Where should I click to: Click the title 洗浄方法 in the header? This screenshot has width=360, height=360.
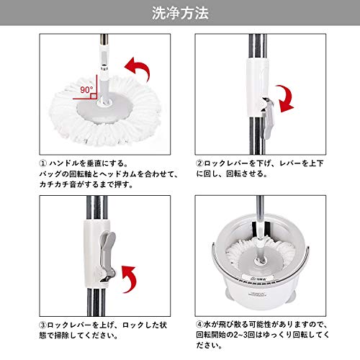(180, 13)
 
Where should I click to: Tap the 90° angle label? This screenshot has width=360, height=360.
(86, 90)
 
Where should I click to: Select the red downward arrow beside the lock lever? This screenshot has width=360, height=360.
(287, 99)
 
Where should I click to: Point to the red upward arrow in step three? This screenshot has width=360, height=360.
(130, 279)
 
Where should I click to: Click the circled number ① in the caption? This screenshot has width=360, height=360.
(43, 163)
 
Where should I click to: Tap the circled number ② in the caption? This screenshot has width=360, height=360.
(199, 163)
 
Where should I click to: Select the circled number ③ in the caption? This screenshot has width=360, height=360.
(43, 325)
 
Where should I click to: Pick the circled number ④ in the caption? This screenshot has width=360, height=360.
(199, 325)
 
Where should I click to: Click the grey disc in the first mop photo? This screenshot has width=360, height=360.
(105, 109)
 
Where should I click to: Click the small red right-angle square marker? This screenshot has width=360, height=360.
(94, 96)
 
